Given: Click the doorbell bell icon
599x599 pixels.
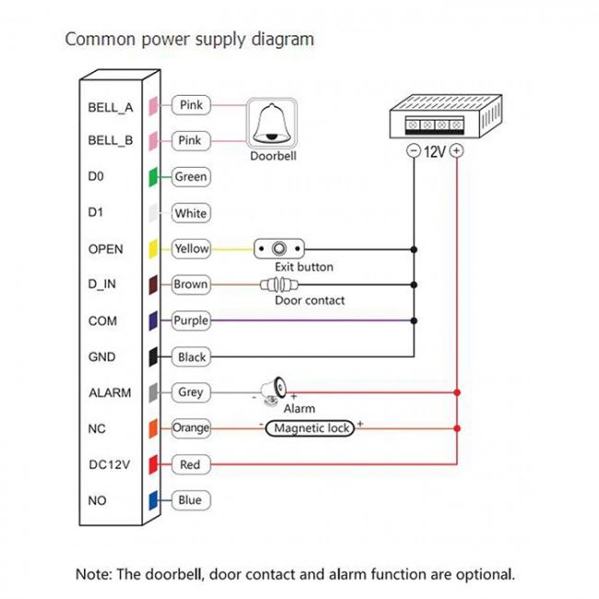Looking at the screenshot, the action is [272, 123].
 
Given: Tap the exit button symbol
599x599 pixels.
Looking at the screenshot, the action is [279, 249].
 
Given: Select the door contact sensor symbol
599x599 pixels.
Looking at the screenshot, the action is [279, 285].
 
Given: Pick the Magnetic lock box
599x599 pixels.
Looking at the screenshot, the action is [310, 429].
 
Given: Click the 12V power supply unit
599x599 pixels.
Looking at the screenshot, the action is [446, 116].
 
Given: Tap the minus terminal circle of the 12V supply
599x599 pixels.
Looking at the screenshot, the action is [414, 150].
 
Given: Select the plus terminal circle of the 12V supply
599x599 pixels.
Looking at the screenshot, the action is [456, 150].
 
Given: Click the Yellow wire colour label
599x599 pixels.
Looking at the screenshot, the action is [191, 249].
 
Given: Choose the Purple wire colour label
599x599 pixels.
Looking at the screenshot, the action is [191, 321].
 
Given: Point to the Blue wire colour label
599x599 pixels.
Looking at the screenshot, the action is [191, 500].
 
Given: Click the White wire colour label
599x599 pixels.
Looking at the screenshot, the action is [191, 213].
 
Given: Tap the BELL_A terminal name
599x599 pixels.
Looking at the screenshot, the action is [111, 108].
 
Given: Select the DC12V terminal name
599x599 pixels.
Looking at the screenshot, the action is [110, 464].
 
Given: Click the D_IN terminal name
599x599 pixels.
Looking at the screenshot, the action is [102, 285].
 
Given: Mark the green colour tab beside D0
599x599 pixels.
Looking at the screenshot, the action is [153, 177].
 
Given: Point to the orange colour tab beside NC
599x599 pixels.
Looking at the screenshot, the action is [153, 429].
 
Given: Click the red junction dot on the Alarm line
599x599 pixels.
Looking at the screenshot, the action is [457, 393].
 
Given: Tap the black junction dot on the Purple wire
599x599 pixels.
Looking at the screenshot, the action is [414, 321].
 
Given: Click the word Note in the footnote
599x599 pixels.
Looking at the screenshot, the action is [94, 574].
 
